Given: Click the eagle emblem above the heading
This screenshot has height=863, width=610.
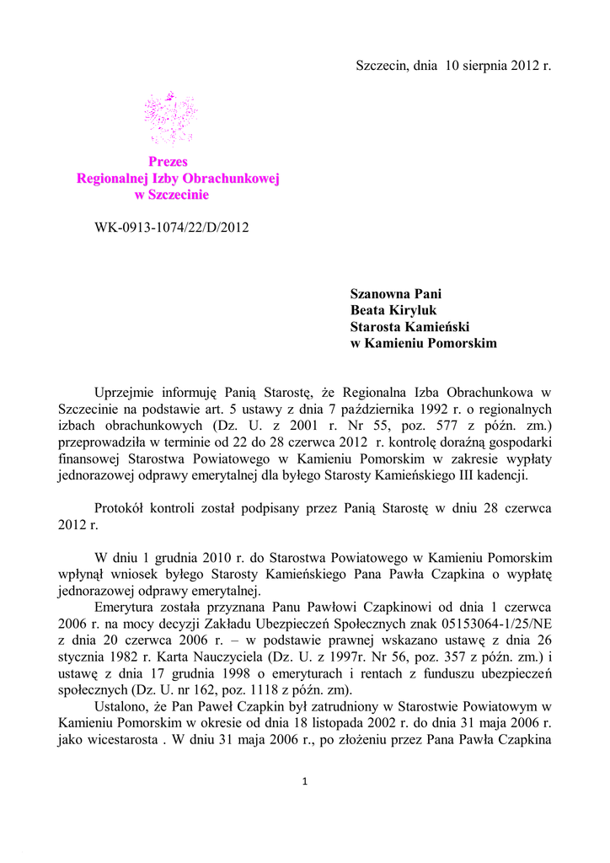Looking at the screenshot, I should click(x=170, y=116).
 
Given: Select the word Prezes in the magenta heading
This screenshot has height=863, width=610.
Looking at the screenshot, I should click(x=169, y=162).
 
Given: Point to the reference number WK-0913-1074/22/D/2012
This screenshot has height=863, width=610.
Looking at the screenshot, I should click(x=172, y=227).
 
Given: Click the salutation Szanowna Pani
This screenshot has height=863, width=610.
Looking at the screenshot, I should click(x=396, y=294).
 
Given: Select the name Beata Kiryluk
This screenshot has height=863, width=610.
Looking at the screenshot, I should click(x=393, y=310).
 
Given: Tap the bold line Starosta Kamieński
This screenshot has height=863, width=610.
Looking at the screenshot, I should click(x=409, y=327).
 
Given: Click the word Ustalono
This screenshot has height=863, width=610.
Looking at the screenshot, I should click(x=121, y=704).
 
